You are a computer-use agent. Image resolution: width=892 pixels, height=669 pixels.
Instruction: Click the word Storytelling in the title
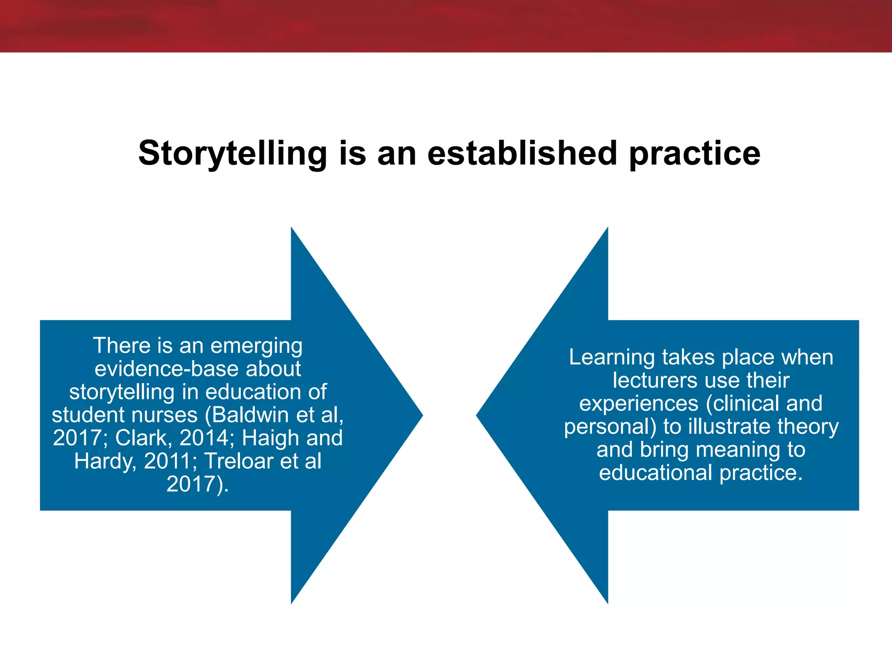(x=232, y=153)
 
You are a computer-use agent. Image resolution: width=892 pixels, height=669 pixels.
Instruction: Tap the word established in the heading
(x=522, y=153)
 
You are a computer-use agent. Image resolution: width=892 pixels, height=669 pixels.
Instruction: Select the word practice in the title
(x=695, y=153)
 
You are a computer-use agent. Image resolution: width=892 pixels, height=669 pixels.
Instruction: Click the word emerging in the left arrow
(x=256, y=346)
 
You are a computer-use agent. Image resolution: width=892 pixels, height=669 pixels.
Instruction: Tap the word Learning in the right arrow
(x=612, y=358)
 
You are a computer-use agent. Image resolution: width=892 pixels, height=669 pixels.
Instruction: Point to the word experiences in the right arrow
(x=639, y=403)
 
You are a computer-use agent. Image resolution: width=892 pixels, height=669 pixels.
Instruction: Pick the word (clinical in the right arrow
(x=743, y=403)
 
